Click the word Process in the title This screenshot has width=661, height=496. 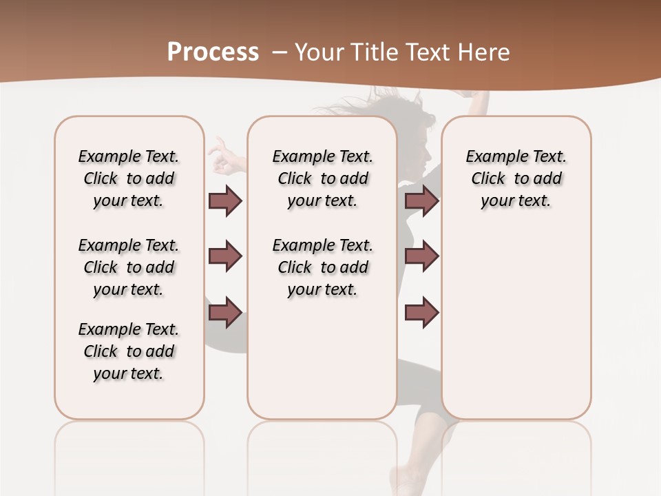213,52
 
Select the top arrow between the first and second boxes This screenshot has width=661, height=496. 225,200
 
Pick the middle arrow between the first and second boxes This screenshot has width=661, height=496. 225,256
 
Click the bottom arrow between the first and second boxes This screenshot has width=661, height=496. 225,312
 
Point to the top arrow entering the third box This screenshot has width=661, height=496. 421,200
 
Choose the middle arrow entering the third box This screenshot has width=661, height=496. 421,256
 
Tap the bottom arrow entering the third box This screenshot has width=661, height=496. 421,312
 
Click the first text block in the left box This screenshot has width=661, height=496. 129,178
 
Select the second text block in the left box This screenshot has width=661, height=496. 129,267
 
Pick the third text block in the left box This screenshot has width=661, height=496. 129,351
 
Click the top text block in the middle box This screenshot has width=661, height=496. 322,178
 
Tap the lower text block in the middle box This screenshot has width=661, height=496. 322,267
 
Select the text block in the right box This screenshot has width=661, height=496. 516,178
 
